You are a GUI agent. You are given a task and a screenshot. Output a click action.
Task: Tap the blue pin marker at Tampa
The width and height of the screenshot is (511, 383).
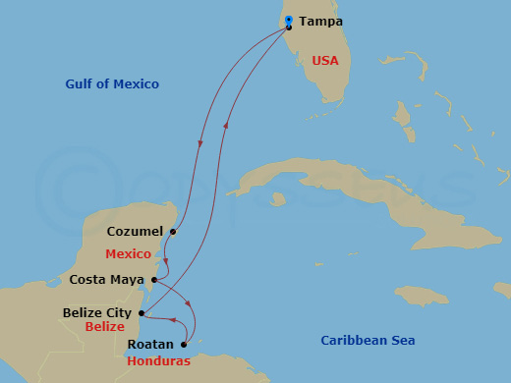[x=288, y=21]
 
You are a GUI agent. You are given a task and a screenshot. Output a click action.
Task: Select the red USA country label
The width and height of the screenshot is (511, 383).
[x=324, y=61]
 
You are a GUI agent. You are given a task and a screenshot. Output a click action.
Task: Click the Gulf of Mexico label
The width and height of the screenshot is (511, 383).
[x=112, y=84]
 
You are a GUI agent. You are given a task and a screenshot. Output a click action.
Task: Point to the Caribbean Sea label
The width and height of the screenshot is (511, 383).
[x=368, y=341]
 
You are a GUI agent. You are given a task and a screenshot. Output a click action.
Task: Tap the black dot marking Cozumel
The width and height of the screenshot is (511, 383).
[x=172, y=233]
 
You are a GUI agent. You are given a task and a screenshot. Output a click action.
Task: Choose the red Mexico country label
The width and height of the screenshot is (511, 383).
[x=129, y=253]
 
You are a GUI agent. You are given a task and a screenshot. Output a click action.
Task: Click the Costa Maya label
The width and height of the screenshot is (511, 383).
[x=108, y=280]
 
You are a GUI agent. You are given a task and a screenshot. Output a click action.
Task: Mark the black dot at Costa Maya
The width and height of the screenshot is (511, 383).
[x=155, y=280]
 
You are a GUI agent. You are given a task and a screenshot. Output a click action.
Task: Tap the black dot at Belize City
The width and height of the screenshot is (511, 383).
[x=142, y=313]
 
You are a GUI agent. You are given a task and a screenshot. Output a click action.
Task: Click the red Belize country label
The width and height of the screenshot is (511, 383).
[x=104, y=327]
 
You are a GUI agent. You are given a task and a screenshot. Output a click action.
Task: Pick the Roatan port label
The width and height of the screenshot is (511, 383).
[x=150, y=345]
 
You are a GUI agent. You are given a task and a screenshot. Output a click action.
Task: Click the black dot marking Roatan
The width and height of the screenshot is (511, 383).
[x=184, y=345]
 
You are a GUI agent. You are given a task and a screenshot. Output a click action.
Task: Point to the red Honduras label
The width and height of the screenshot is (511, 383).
[x=158, y=361]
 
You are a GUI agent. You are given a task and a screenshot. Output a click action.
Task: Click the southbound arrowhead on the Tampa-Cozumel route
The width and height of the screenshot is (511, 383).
[x=201, y=144]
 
